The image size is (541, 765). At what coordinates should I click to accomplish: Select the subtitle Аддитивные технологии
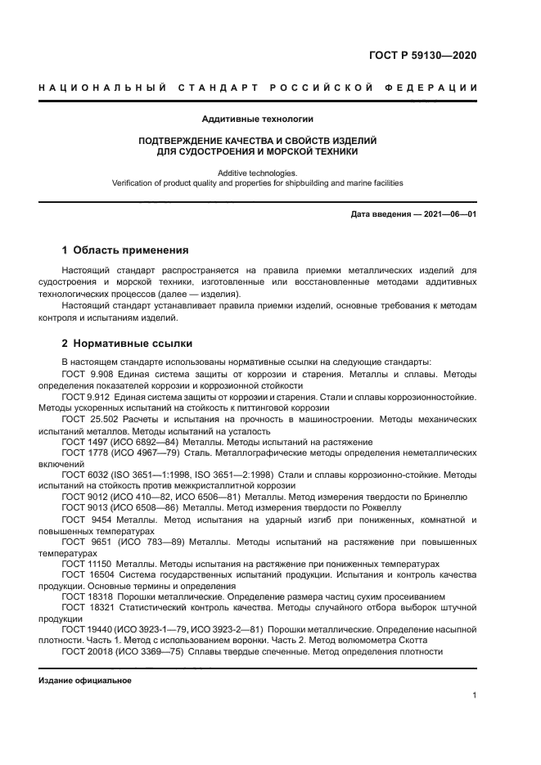click(258, 119)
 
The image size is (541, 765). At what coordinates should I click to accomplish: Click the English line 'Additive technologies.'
click(258, 173)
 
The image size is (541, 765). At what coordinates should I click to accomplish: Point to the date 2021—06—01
click(449, 214)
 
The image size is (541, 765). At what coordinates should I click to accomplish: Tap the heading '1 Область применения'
click(126, 250)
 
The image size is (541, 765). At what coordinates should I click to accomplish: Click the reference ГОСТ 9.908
click(87, 374)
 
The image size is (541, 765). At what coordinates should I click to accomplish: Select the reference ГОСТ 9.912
click(87, 397)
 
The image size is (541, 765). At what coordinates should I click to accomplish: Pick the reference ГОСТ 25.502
click(89, 419)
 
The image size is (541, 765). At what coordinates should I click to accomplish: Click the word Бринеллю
click(446, 497)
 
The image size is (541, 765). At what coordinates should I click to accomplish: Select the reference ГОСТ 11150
click(88, 564)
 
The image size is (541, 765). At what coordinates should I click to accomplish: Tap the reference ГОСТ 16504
click(88, 575)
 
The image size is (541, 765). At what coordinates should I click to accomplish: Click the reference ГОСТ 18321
click(88, 609)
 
